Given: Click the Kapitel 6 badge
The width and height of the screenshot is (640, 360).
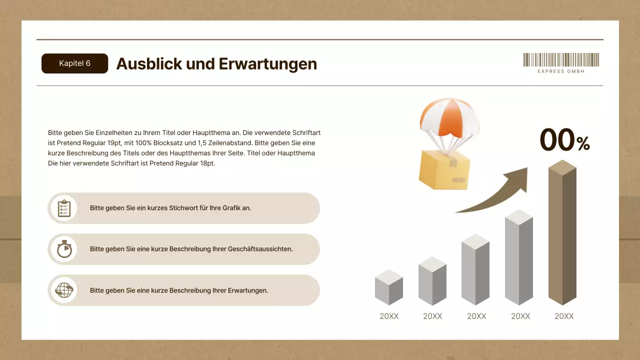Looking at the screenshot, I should (74, 63).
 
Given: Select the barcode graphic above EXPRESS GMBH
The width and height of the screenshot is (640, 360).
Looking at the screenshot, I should (561, 59).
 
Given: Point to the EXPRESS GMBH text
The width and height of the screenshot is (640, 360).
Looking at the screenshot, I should (561, 71).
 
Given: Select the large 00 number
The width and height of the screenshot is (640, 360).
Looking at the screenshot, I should (557, 140).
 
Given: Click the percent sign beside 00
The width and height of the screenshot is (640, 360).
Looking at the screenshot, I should (583, 144).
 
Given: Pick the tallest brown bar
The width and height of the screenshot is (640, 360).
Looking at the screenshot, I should (562, 235).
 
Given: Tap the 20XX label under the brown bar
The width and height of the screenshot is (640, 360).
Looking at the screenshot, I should (564, 316).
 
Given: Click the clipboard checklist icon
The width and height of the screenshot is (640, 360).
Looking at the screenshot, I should (64, 208).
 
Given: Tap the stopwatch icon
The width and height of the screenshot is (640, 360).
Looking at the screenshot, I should (64, 249).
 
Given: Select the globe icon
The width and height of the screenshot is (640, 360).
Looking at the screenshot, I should (64, 290).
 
